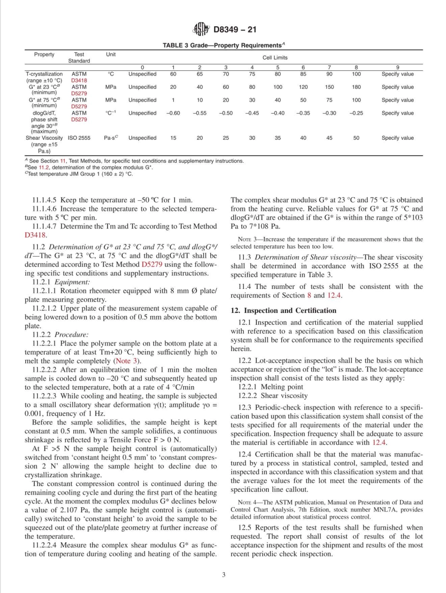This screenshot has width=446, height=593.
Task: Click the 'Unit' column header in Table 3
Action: pyautogui.click(x=111, y=54)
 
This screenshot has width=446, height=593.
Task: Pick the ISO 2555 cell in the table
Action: pyautogui.click(x=79, y=138)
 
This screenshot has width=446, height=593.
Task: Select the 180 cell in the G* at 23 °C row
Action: pyautogui.click(x=356, y=87)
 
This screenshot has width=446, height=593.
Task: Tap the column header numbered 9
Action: pyautogui.click(x=397, y=67)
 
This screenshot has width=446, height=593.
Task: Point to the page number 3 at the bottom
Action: pyautogui.click(x=223, y=574)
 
